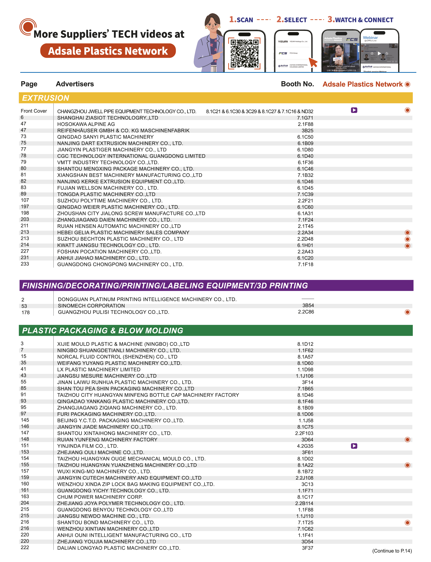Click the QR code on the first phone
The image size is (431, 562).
tap(244, 53)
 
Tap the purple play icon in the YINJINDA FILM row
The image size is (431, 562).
tap(354, 446)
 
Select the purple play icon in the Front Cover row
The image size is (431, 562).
tap(354, 110)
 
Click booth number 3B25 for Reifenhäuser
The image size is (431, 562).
tap(307, 131)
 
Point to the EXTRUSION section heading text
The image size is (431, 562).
tap(46, 98)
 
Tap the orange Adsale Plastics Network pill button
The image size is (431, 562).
tap(108, 51)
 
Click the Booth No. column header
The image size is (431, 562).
tap(297, 84)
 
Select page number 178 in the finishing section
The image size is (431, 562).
tap(25, 313)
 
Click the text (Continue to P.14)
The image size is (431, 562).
tap(392, 551)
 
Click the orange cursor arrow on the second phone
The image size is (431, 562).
tap(313, 62)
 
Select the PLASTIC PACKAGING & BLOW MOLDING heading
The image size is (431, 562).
tap(103, 331)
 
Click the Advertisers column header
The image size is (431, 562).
tap(75, 84)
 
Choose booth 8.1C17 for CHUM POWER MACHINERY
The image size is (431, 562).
tap(305, 497)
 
